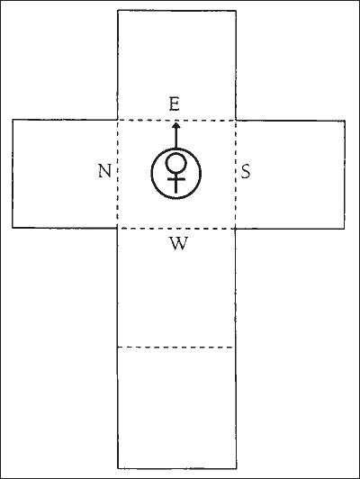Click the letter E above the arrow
tap(174, 104)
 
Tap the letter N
tap(104, 171)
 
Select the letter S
tap(246, 171)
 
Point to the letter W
tap(178, 243)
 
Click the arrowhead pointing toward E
tap(175, 125)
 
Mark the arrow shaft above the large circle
tap(175, 138)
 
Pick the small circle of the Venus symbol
tap(175, 163)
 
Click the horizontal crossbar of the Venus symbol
tap(176, 179)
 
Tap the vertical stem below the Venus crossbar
tap(176, 186)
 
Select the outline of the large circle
tap(151, 174)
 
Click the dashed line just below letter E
tap(176, 121)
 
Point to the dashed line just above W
tap(176, 229)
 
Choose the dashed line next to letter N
tap(118, 174)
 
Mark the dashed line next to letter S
tap(236, 174)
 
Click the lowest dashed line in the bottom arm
tap(175, 347)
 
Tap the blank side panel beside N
tap(65, 174)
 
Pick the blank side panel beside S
tap(290, 174)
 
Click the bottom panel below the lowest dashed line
tap(176, 408)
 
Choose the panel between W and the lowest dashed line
tap(176, 296)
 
